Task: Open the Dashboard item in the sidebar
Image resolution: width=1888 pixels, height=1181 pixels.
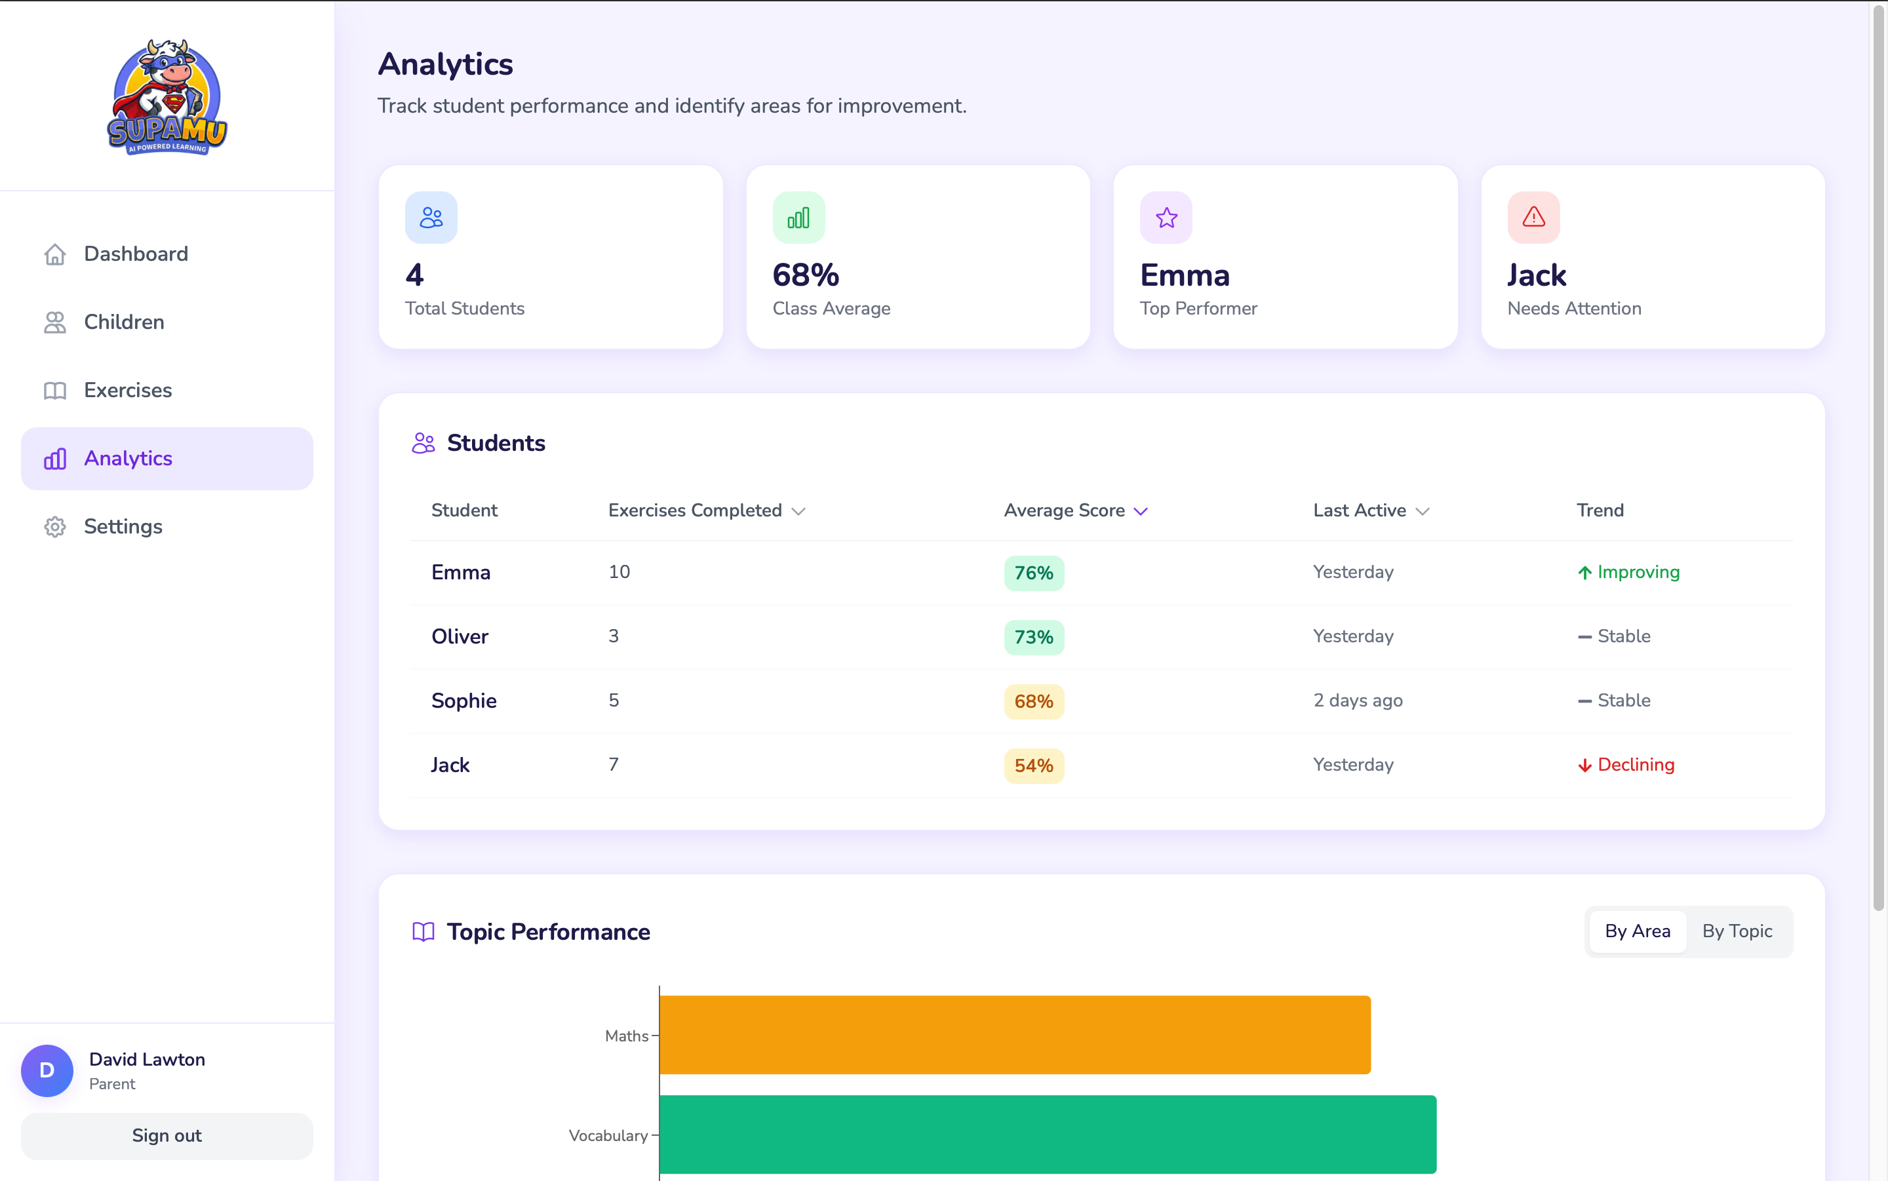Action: pyautogui.click(x=135, y=254)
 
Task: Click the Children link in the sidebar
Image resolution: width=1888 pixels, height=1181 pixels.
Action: pyautogui.click(x=123, y=322)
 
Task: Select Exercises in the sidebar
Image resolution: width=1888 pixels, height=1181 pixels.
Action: pyautogui.click(x=127, y=390)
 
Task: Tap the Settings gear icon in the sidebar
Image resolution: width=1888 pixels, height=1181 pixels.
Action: pyautogui.click(x=54, y=526)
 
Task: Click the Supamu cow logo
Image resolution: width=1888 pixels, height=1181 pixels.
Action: pyautogui.click(x=167, y=97)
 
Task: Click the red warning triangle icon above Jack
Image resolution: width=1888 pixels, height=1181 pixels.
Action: pyautogui.click(x=1533, y=217)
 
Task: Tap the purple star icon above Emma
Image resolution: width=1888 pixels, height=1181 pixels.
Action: pyautogui.click(x=1166, y=217)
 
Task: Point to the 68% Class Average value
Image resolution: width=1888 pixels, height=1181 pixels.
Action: pyautogui.click(x=805, y=275)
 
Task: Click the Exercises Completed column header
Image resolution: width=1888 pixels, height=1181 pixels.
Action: pyautogui.click(x=695, y=510)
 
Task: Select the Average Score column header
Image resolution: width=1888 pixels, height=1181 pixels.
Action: pyautogui.click(x=1064, y=510)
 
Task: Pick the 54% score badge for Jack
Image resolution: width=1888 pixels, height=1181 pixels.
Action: pyautogui.click(x=1032, y=765)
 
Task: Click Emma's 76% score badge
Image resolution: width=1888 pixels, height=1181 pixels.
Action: pyautogui.click(x=1032, y=573)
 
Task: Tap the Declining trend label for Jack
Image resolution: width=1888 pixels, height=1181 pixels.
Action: pyautogui.click(x=1635, y=765)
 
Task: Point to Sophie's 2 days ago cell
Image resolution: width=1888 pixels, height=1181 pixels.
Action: pyautogui.click(x=1358, y=700)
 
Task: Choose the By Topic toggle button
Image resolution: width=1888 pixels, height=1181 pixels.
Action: pyautogui.click(x=1737, y=931)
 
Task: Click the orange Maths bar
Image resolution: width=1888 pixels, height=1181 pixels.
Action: pyautogui.click(x=1014, y=1034)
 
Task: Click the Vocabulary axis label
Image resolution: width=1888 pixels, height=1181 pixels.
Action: pyautogui.click(x=608, y=1135)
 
